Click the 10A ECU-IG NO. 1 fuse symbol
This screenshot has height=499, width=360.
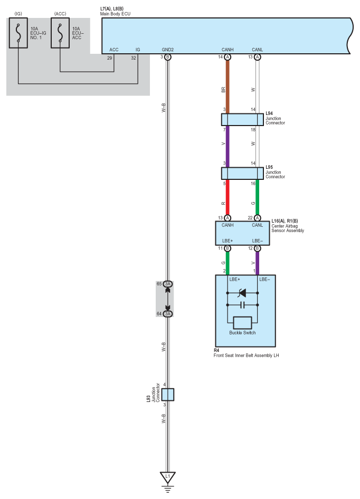coord(18,33)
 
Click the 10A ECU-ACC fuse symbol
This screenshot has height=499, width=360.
coord(60,33)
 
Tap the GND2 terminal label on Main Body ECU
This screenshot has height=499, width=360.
coord(167,50)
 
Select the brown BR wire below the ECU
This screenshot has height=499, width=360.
coord(228,87)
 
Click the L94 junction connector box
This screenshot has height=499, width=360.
coord(242,120)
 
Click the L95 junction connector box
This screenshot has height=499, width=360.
coord(242,174)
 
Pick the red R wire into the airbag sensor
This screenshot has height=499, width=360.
coord(228,197)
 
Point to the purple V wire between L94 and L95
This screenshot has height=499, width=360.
coord(228,147)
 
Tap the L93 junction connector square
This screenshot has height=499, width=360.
coord(167,395)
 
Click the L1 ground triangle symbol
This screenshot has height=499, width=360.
coord(167,477)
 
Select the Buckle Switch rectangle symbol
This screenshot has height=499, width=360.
coord(242,323)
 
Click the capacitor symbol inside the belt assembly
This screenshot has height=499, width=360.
coord(242,305)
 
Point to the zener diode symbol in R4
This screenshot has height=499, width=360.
coord(242,293)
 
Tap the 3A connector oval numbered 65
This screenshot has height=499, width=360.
coord(167,284)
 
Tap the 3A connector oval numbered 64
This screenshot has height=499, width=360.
coord(167,314)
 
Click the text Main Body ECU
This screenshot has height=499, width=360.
coord(115,14)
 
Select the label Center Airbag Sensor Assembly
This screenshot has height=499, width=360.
coord(288,228)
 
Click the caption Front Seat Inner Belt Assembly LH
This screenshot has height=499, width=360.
coord(246,356)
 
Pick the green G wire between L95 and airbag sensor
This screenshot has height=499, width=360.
coord(258,197)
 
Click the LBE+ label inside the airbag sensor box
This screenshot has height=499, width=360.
coord(228,241)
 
